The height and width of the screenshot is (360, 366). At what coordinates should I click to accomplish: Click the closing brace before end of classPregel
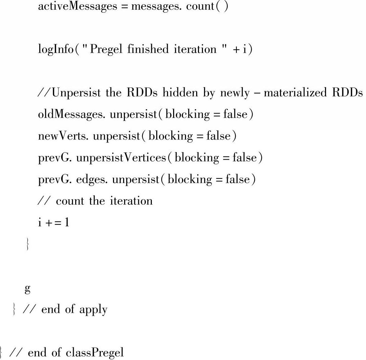(2, 352)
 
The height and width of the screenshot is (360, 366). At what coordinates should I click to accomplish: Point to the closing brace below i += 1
(27, 244)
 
